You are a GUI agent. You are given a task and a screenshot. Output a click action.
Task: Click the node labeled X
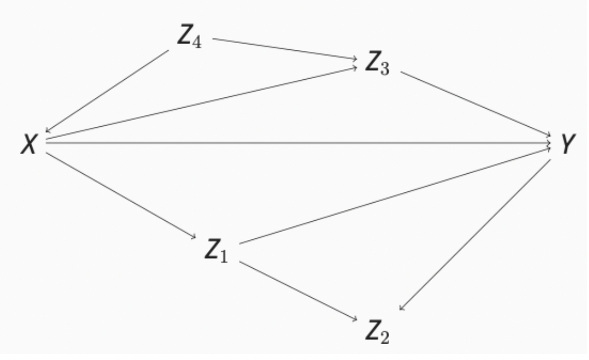(29, 145)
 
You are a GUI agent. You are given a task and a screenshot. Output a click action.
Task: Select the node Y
(569, 145)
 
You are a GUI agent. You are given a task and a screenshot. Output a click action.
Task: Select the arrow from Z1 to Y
(396, 195)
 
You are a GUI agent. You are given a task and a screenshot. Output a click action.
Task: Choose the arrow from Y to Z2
(476, 235)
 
